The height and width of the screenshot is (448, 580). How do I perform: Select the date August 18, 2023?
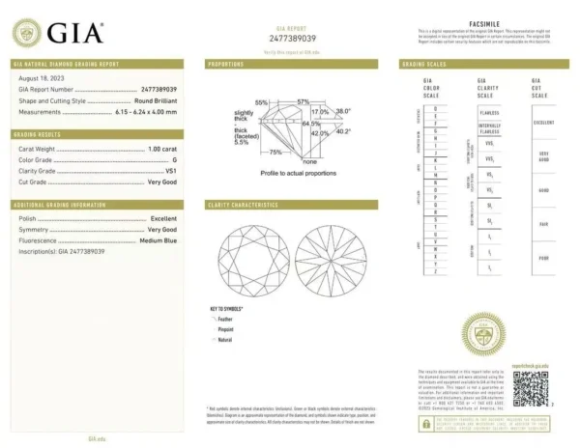point(41,78)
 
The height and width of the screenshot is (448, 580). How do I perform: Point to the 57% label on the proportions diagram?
point(303,101)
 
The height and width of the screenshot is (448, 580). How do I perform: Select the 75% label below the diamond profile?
point(275,152)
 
